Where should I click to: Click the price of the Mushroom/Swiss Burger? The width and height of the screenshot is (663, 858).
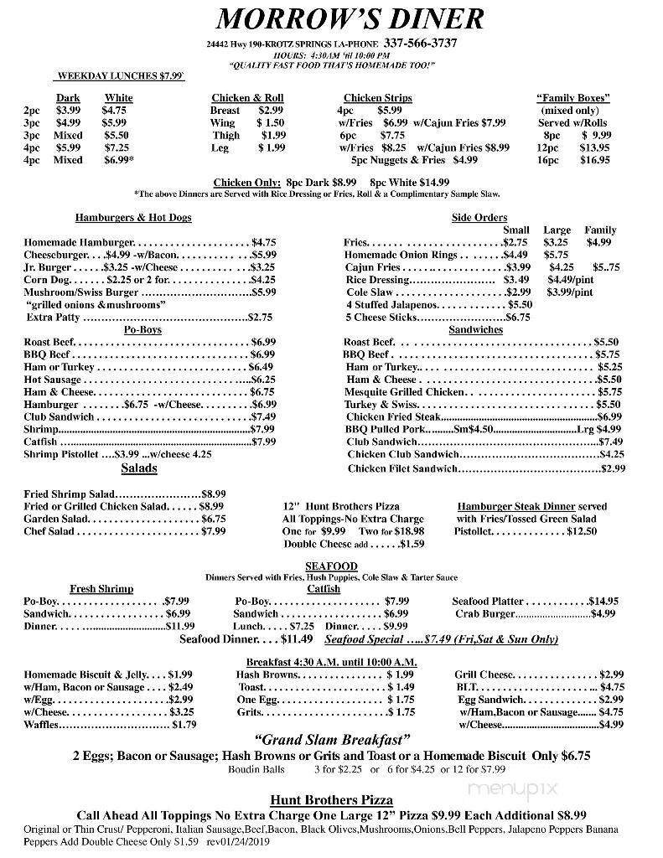tap(264, 292)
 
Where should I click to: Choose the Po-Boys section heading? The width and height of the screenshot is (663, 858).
tap(142, 329)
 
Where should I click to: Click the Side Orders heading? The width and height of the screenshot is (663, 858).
tap(479, 218)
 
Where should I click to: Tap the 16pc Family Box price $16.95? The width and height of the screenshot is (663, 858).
tap(596, 160)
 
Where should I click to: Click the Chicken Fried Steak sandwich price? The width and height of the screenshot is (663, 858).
tap(609, 416)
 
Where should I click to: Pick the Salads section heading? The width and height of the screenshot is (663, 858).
tap(139, 468)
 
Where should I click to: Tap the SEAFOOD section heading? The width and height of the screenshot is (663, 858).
tap(332, 567)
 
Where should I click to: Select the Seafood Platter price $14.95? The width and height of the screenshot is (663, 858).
tap(603, 601)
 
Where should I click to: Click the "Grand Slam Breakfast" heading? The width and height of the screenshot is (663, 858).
tap(332, 740)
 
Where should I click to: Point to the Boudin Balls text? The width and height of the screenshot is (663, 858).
tap(256, 768)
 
